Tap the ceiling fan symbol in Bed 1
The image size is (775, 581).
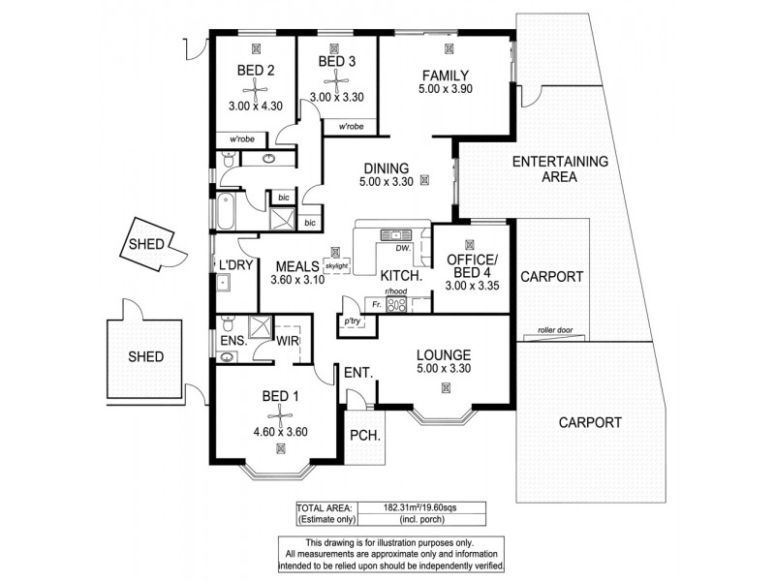point(280,418)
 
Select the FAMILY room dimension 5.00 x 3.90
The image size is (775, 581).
point(445,91)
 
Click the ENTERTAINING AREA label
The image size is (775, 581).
point(559,168)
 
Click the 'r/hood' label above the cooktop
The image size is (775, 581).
point(396,291)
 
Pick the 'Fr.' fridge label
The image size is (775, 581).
point(376,304)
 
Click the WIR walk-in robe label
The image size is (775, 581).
point(287,340)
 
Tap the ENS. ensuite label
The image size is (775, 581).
point(232,340)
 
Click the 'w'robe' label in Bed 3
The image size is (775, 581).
point(351,127)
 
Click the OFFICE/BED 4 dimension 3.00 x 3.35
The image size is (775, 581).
point(471,286)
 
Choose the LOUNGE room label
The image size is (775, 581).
point(444,354)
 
